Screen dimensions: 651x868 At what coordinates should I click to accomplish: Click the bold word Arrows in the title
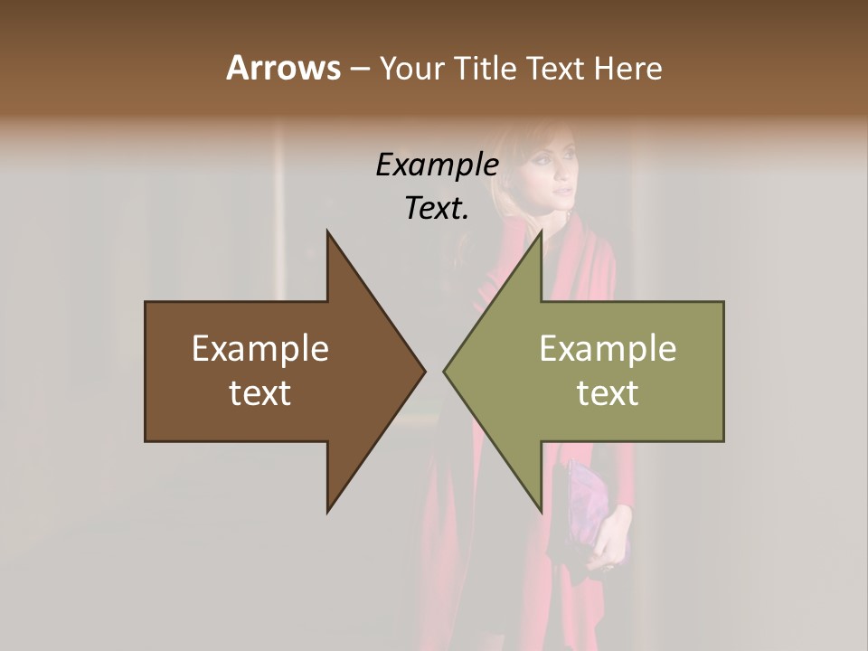(x=283, y=68)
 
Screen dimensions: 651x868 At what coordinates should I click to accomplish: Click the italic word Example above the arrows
(x=437, y=165)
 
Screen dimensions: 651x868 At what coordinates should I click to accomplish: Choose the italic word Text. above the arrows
(x=437, y=209)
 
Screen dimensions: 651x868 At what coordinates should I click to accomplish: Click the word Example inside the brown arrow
(x=260, y=349)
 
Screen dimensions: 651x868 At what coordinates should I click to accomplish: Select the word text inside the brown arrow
(x=260, y=393)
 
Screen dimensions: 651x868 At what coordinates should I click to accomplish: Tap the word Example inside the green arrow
(x=608, y=349)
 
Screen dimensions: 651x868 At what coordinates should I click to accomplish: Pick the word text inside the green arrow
(x=608, y=393)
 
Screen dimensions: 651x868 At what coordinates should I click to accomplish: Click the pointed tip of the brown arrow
(x=423, y=371)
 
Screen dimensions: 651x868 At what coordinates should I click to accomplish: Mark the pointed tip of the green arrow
(x=446, y=371)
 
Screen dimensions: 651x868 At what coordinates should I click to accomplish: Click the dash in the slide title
(x=359, y=69)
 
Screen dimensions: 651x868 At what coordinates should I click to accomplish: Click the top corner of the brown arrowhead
(x=328, y=233)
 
